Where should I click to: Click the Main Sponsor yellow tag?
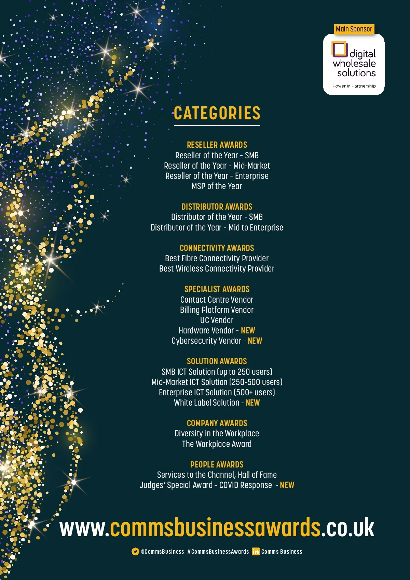(x=354, y=29)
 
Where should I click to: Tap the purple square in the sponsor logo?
(x=339, y=49)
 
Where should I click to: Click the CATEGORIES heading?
(x=217, y=113)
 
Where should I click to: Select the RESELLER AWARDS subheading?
(x=217, y=145)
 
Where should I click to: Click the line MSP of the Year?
(x=217, y=186)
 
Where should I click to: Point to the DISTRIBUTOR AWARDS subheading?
(x=217, y=207)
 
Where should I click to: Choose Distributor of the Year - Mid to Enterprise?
(x=217, y=227)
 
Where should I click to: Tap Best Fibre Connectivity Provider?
(x=217, y=258)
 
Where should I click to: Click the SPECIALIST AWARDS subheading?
(x=217, y=289)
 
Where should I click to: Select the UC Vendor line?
(x=217, y=320)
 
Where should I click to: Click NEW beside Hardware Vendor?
(x=248, y=330)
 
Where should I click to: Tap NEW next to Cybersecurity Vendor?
(x=255, y=341)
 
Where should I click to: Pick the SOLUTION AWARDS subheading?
(x=217, y=361)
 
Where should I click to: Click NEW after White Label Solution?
(x=253, y=403)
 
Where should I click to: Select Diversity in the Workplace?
(x=217, y=433)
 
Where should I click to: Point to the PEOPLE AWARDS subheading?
(x=217, y=464)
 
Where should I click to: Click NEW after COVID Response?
(x=287, y=485)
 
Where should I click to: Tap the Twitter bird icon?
(x=135, y=551)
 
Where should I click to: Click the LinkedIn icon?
(x=256, y=551)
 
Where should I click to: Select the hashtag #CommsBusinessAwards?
(x=218, y=551)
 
